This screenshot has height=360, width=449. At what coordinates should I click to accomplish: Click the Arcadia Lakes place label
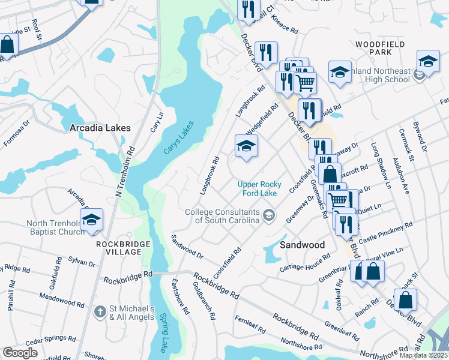point(98,128)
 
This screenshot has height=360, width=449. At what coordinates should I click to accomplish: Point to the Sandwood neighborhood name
point(303,245)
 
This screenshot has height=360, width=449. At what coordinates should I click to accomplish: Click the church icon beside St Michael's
point(100,312)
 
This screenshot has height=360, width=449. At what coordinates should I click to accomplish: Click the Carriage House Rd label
point(305,262)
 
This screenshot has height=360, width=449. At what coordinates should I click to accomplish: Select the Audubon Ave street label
point(400,175)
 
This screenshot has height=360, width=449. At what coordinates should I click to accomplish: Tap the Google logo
point(20,353)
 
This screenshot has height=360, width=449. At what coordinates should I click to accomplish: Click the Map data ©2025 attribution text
point(423,355)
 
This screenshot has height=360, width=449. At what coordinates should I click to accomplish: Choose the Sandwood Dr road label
point(187,247)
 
